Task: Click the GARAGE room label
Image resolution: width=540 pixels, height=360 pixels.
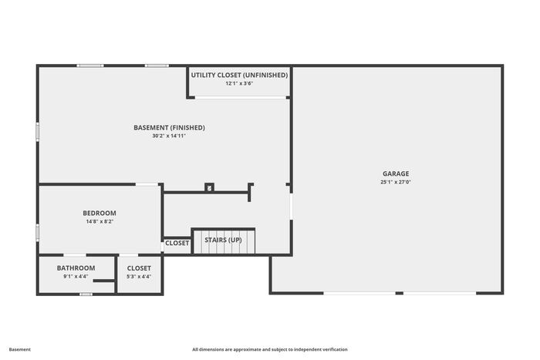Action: click(396, 173)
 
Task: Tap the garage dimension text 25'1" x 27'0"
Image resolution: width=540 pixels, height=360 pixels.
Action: click(396, 183)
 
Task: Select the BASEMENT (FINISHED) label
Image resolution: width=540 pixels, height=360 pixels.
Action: click(169, 127)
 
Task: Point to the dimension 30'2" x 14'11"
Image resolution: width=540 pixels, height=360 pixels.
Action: click(169, 136)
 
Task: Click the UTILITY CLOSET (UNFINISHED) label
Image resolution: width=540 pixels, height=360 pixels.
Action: click(240, 75)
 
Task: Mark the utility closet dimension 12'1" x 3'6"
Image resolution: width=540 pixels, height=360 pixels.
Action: click(240, 84)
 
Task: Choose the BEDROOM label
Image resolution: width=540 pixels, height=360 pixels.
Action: click(100, 213)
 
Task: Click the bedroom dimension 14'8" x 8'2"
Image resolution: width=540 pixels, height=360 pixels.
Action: click(100, 222)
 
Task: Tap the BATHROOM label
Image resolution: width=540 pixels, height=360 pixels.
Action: click(76, 267)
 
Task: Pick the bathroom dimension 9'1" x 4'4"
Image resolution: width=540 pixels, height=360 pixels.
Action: click(76, 277)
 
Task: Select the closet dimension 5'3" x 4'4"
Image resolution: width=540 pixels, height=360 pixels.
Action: click(139, 277)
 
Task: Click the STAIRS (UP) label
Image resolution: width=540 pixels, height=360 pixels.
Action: click(223, 241)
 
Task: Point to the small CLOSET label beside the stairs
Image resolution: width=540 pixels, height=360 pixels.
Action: click(177, 244)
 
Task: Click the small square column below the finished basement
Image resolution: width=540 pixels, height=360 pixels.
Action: click(209, 187)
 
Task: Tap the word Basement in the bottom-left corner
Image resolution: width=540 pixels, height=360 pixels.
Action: click(20, 349)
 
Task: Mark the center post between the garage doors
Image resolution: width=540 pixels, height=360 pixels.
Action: click(399, 293)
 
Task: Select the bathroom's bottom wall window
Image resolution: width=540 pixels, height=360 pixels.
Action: click(86, 294)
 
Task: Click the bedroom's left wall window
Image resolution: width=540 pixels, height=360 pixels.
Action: click(38, 232)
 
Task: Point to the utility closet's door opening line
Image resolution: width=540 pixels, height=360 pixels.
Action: click(240, 97)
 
